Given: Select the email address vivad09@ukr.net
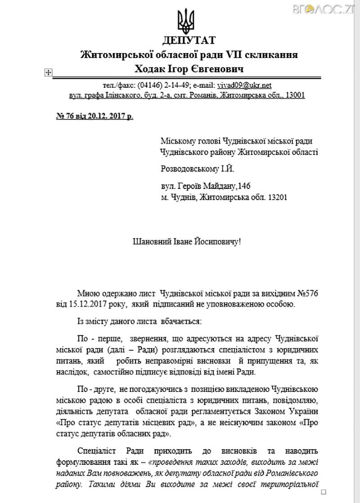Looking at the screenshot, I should [244, 85].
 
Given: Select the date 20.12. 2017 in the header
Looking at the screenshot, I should [107, 116].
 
